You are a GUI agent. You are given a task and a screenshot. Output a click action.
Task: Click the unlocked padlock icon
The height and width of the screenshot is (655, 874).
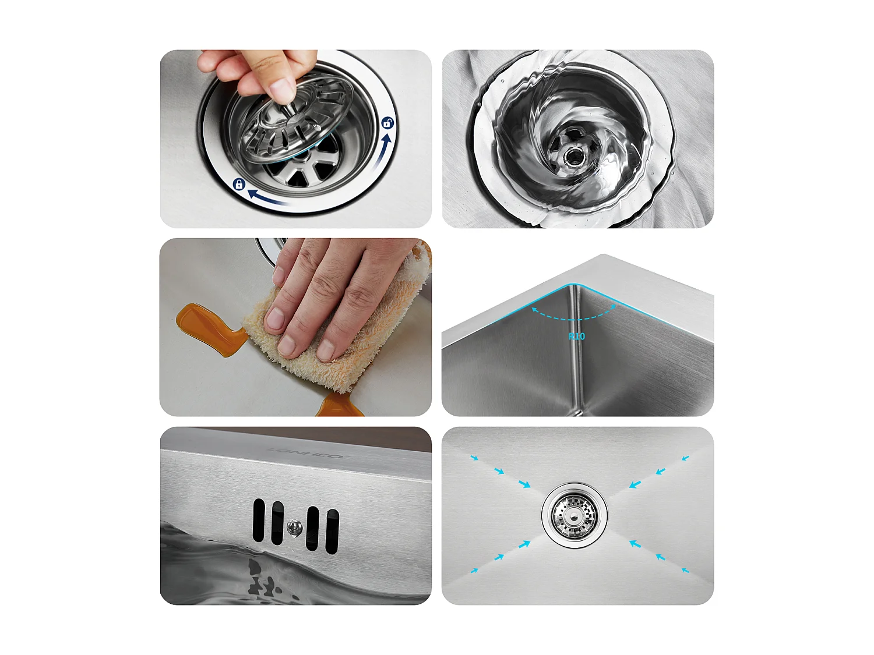(387, 123)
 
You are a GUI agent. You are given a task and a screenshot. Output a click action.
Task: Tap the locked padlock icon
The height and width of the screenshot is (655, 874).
(238, 185)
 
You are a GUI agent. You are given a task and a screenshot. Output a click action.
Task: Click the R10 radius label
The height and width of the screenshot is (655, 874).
(576, 336)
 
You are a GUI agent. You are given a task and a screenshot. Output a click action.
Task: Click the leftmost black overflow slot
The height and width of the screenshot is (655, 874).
(259, 519)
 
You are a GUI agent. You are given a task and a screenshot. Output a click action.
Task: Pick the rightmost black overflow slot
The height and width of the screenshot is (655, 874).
(333, 531)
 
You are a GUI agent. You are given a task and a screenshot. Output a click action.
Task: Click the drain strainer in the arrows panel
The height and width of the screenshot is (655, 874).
(575, 515)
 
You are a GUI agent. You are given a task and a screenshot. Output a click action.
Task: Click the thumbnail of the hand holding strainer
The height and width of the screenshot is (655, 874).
(295, 139)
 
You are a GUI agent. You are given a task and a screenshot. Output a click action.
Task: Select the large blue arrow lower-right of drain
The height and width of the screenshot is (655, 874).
(636, 544)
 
